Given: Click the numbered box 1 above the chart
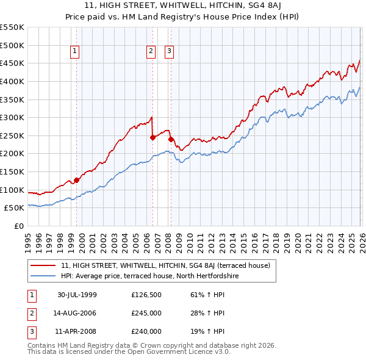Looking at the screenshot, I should [x=75, y=52].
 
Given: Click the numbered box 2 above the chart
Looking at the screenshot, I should [x=150, y=52].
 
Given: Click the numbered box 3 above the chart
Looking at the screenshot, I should [x=168, y=52].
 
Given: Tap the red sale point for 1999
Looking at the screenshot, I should [x=77, y=180].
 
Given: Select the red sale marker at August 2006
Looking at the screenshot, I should [x=152, y=137].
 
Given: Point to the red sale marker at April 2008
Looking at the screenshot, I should [x=171, y=139].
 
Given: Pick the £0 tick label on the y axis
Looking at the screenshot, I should [x=18, y=226].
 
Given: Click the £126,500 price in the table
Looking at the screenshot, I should [x=146, y=295].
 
